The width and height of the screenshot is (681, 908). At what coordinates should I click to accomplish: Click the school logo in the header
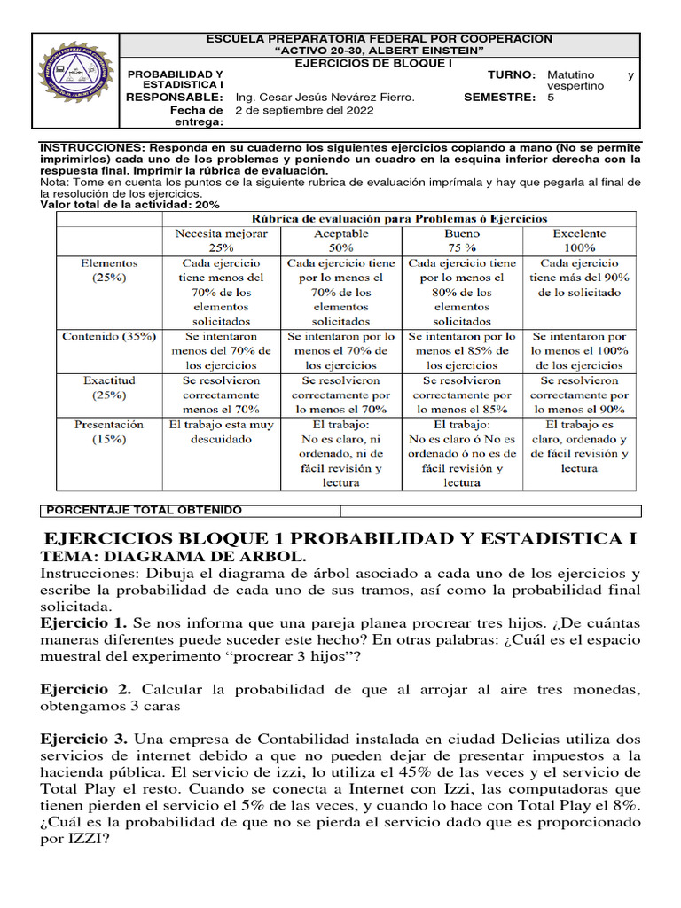pyautogui.click(x=75, y=81)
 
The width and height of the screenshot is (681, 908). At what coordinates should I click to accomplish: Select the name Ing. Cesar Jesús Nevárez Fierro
pyautogui.click(x=325, y=98)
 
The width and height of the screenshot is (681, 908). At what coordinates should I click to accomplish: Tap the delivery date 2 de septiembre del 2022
pyautogui.click(x=304, y=111)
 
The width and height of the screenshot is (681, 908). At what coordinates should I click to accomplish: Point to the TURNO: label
pyautogui.click(x=512, y=75)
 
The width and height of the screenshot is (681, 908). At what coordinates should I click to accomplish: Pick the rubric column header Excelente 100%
pyautogui.click(x=579, y=240)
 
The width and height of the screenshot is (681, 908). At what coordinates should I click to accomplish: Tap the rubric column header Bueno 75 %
pyautogui.click(x=460, y=240)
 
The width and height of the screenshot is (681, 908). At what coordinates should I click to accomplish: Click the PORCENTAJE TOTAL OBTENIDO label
pyautogui.click(x=143, y=511)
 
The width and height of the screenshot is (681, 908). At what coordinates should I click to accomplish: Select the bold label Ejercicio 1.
pyautogui.click(x=84, y=624)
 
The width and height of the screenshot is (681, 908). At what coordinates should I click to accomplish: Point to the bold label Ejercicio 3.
pyautogui.click(x=84, y=739)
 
